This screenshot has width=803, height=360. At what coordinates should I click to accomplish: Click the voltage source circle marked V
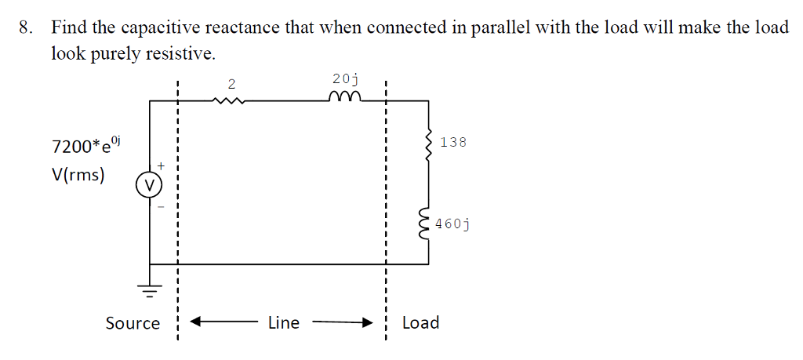(149, 185)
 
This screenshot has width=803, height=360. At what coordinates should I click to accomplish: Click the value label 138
(453, 142)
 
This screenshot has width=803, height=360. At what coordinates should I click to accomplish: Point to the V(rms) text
(78, 174)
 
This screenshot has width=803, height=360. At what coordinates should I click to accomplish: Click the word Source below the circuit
(133, 323)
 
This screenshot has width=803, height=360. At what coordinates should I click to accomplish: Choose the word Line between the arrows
(283, 322)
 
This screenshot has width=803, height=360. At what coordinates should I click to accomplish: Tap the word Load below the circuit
(420, 322)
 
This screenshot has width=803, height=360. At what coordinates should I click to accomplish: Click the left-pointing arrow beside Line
(212, 321)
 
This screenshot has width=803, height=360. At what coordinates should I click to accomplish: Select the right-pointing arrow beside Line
(345, 321)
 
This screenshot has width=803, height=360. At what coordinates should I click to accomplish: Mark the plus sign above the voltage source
(162, 166)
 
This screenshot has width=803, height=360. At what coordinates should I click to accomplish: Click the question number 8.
(26, 28)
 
